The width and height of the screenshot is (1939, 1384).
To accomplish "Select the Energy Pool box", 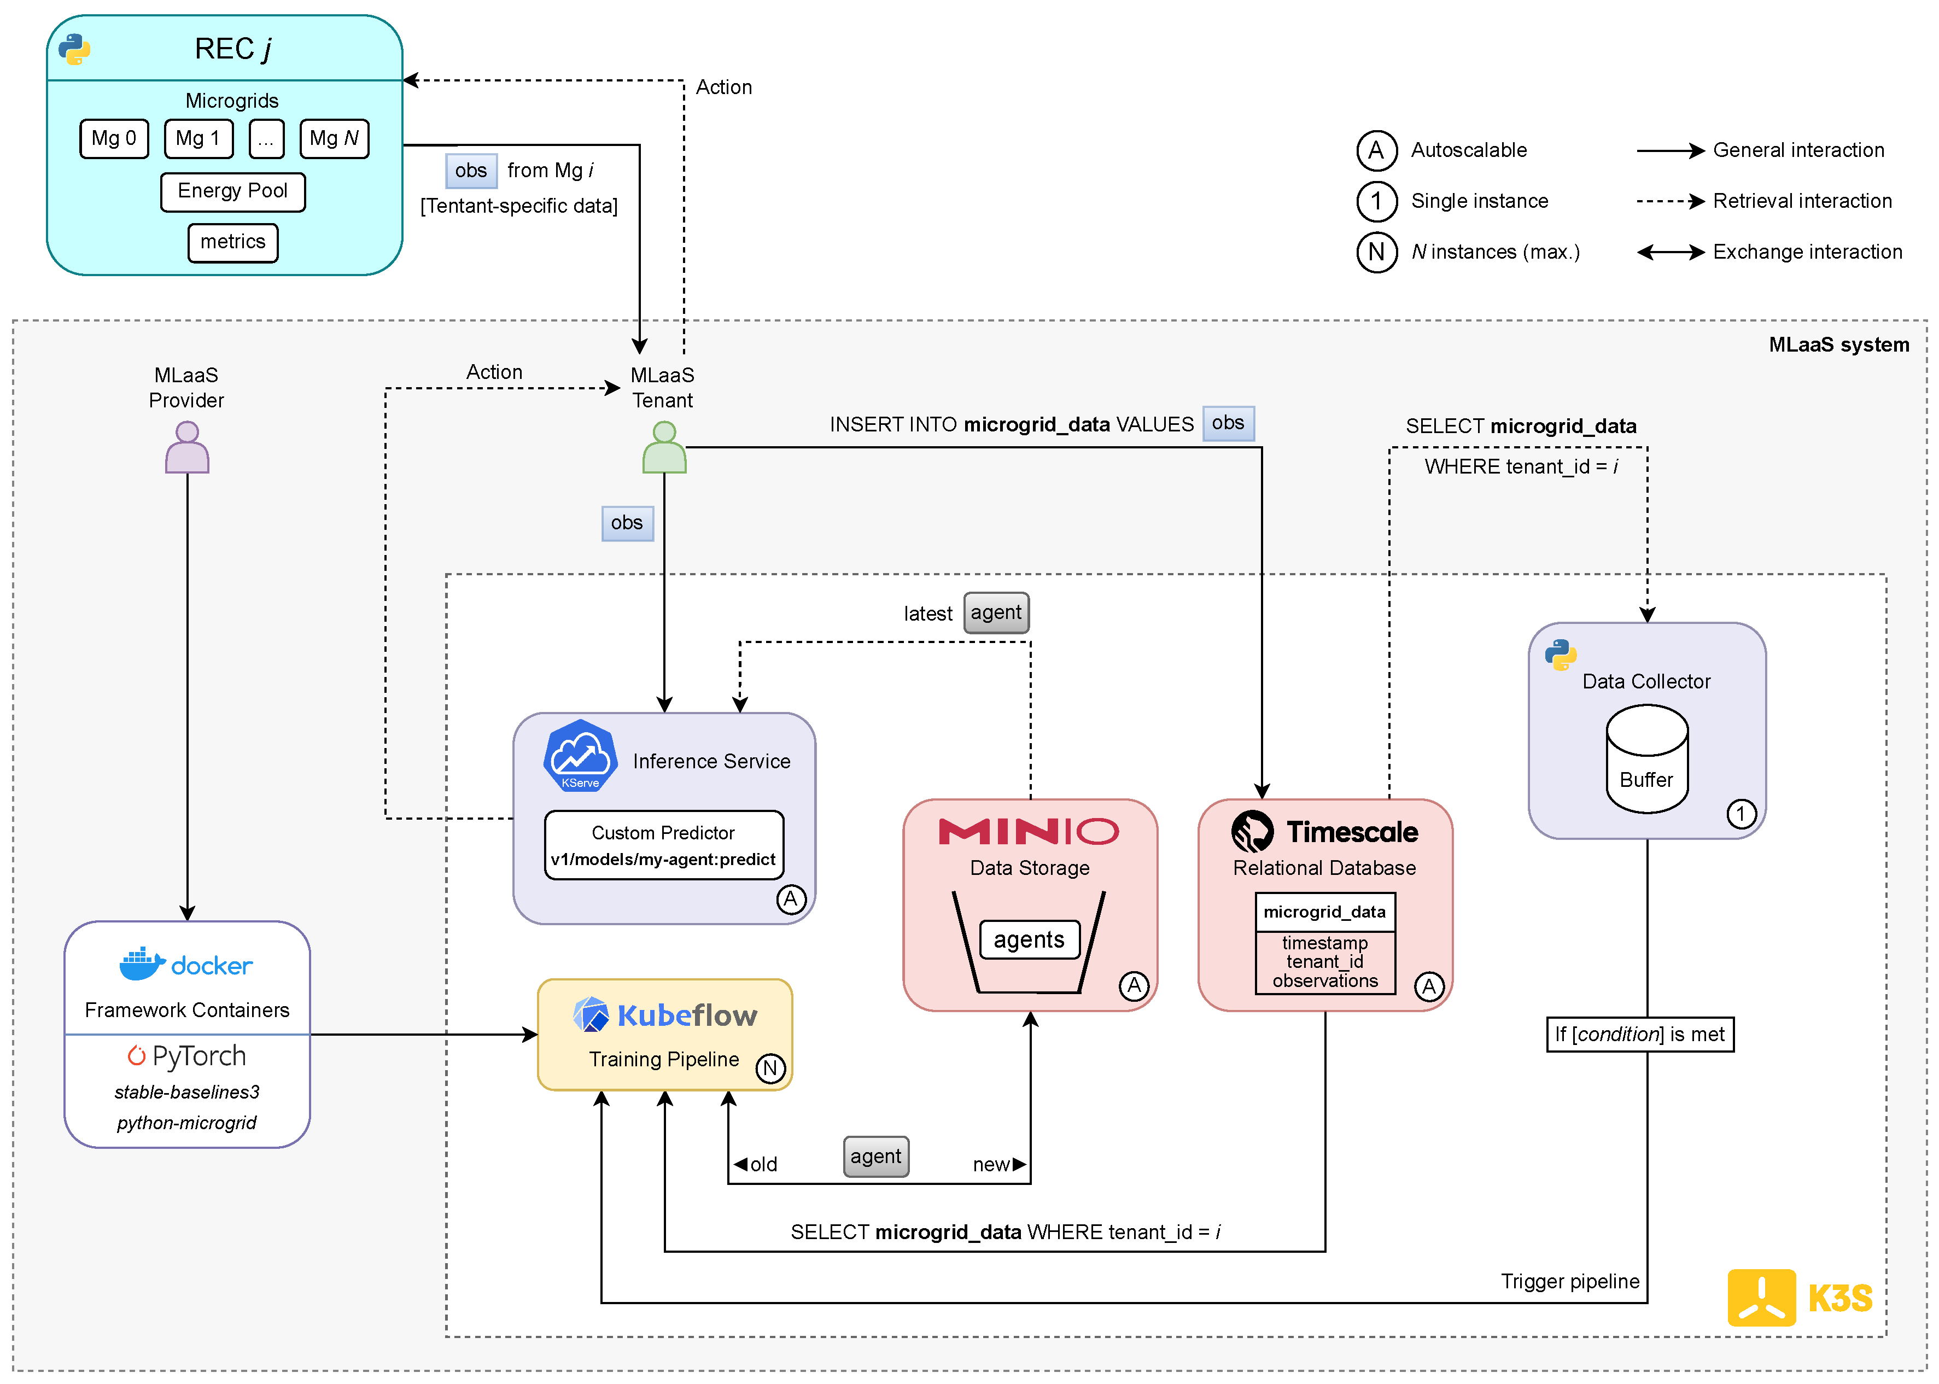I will click(233, 191).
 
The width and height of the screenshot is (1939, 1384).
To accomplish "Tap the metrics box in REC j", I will click(233, 242).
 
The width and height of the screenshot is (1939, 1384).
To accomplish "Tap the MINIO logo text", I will click(1028, 831).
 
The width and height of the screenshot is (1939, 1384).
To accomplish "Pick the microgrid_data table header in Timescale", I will click(1324, 912).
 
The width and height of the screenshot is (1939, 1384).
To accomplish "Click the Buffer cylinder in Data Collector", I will click(1646, 758).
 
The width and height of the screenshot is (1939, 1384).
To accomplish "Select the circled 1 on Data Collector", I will click(1741, 814).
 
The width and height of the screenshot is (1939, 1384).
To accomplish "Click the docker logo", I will click(186, 964).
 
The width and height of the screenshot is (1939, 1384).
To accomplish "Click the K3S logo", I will click(1798, 1297).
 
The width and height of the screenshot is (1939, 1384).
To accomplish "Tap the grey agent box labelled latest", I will click(996, 613).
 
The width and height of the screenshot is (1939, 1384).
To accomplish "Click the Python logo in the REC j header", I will click(74, 49).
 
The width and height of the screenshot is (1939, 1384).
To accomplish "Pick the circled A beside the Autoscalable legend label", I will click(1376, 151).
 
